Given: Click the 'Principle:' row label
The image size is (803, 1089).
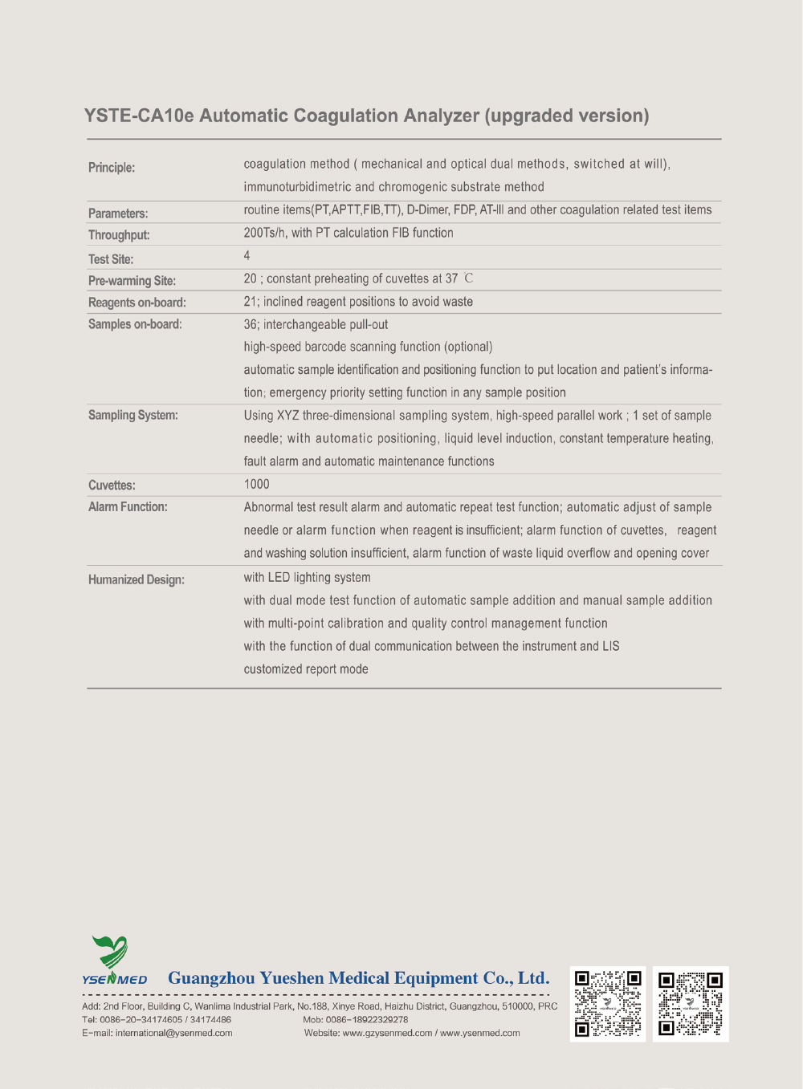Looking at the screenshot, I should point(112,168).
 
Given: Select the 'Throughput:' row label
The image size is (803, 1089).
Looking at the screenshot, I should point(119,235).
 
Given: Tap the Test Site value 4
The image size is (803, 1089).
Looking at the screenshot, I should point(247,255).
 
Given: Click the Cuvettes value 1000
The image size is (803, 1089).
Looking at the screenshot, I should point(257,484).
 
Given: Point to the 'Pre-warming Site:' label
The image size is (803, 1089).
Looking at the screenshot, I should point(132,281).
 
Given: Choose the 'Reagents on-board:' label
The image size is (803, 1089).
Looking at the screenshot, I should point(137,303).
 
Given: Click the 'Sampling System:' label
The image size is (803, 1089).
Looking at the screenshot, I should point(133,415).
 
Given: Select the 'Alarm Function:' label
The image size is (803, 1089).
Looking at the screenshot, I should point(128,507).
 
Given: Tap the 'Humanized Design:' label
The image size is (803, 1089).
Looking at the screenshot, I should point(137,579).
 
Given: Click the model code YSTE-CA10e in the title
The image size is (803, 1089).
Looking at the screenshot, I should point(139,116).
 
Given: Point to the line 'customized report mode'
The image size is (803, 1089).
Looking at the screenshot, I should point(306,669).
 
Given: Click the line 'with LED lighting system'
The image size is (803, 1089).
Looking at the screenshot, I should point(308,577).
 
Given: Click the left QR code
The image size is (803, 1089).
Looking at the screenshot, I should point(608,1004).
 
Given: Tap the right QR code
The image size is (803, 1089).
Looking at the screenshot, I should point(691,1004).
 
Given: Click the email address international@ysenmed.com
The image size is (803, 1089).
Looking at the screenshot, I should point(173,1034).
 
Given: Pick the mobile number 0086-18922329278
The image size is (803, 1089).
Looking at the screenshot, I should point(366,1020).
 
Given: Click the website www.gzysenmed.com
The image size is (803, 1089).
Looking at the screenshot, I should point(387,1034).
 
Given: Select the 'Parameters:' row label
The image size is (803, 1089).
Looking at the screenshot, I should point(118,213).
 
